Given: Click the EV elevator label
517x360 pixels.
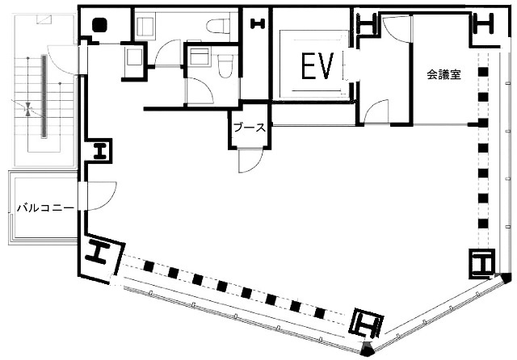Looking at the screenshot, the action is click(x=317, y=66).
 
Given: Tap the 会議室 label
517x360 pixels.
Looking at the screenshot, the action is click(x=443, y=74).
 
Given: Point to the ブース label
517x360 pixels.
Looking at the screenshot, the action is click(x=250, y=128).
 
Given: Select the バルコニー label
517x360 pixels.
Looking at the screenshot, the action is click(x=45, y=207).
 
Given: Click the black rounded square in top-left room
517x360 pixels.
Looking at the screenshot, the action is click(x=99, y=25).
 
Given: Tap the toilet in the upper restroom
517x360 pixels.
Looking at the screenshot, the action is click(x=218, y=26).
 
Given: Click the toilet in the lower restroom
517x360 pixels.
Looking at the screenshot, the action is click(x=225, y=66).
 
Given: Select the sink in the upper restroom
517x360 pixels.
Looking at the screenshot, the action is click(x=145, y=24).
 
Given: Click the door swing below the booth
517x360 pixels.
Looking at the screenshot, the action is click(x=251, y=161).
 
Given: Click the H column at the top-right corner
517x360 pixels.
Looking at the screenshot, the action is click(x=484, y=23).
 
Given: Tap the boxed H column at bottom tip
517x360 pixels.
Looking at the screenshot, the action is click(x=366, y=324).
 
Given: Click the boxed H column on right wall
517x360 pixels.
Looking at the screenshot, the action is click(x=482, y=263).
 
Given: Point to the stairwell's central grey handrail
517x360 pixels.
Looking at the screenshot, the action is click(x=44, y=96).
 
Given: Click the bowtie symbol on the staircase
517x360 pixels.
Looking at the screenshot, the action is click(x=29, y=109).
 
